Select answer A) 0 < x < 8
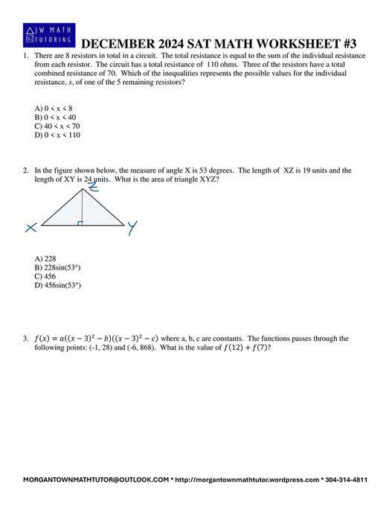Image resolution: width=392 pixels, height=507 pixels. click(x=49, y=109)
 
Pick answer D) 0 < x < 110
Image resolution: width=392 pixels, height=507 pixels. click(x=52, y=135)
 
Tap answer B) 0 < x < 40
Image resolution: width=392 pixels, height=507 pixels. click(x=51, y=118)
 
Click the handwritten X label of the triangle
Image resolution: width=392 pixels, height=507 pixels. click(x=30, y=228)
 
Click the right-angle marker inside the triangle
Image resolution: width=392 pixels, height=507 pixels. click(x=80, y=222)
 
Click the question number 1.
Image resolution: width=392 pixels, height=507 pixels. click(x=25, y=57)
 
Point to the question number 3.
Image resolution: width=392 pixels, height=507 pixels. click(x=25, y=339)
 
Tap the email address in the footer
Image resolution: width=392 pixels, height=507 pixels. click(x=96, y=480)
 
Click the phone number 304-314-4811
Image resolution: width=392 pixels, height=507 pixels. click(x=347, y=480)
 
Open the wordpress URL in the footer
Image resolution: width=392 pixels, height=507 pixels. click(x=247, y=480)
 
